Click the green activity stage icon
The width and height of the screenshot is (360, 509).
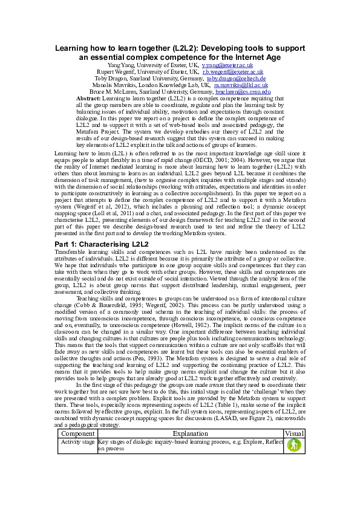pos(294,444)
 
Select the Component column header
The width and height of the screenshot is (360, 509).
pos(78,433)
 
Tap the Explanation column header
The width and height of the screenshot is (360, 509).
pos(190,433)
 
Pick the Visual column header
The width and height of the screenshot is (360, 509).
pos(294,433)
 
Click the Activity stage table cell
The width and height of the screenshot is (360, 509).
pos(78,441)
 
